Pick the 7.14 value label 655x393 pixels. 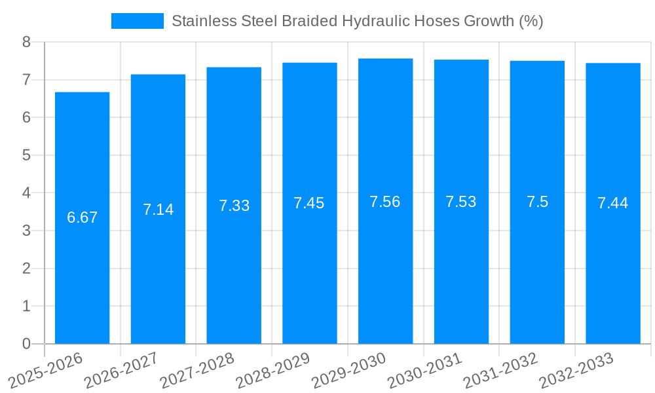click(x=158, y=210)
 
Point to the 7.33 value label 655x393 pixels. click(x=234, y=206)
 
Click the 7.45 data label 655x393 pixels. click(x=309, y=203)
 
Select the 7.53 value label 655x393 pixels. click(x=461, y=202)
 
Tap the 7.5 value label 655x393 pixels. click(x=537, y=202)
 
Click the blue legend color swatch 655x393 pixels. click(x=138, y=21)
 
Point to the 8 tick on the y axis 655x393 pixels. click(x=26, y=43)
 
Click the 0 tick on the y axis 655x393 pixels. click(x=26, y=344)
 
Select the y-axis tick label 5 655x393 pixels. click(x=26, y=156)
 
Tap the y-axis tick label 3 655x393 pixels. click(x=26, y=231)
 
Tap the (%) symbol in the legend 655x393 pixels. click(x=531, y=21)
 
